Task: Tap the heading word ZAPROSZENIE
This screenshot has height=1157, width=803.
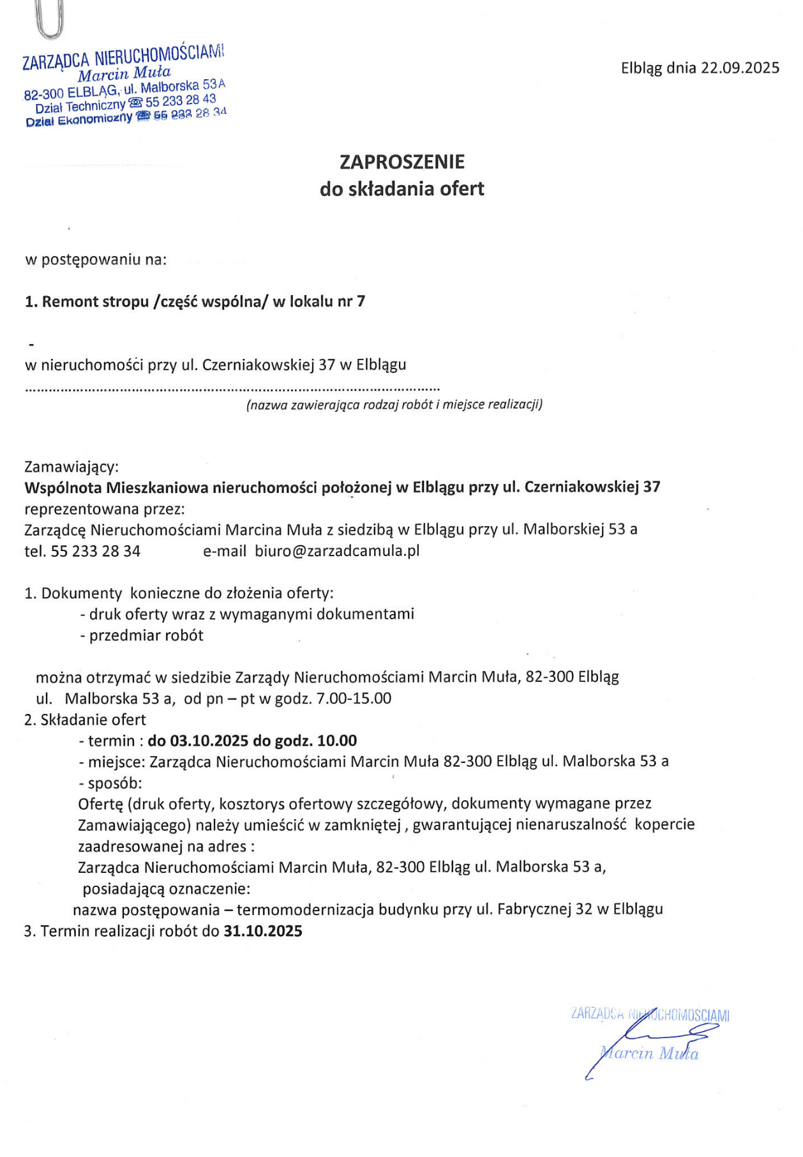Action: (401, 162)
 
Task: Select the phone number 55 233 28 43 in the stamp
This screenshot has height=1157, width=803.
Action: (181, 102)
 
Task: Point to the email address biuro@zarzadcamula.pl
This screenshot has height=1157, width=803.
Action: (337, 550)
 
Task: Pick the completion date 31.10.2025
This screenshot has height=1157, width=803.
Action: (262, 931)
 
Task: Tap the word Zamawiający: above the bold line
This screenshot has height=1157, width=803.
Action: (71, 467)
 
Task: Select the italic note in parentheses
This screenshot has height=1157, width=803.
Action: (394, 404)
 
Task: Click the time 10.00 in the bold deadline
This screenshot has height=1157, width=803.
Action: (337, 741)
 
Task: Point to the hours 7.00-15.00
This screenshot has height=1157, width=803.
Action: (354, 699)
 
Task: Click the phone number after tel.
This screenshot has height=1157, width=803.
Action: (95, 551)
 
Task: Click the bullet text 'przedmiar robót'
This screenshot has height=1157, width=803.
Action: (146, 635)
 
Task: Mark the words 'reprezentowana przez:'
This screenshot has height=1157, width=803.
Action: (105, 509)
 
